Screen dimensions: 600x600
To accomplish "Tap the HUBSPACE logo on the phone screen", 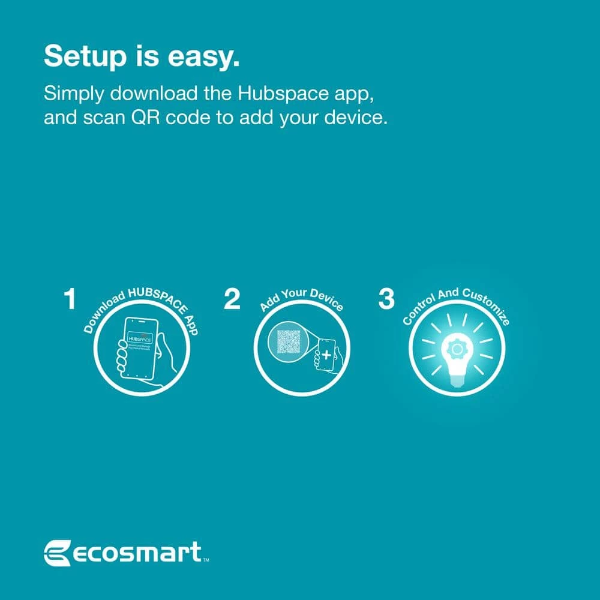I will (141, 338).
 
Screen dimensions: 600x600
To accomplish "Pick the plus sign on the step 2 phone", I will (326, 355).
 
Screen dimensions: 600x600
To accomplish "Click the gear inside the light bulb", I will (457, 349).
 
